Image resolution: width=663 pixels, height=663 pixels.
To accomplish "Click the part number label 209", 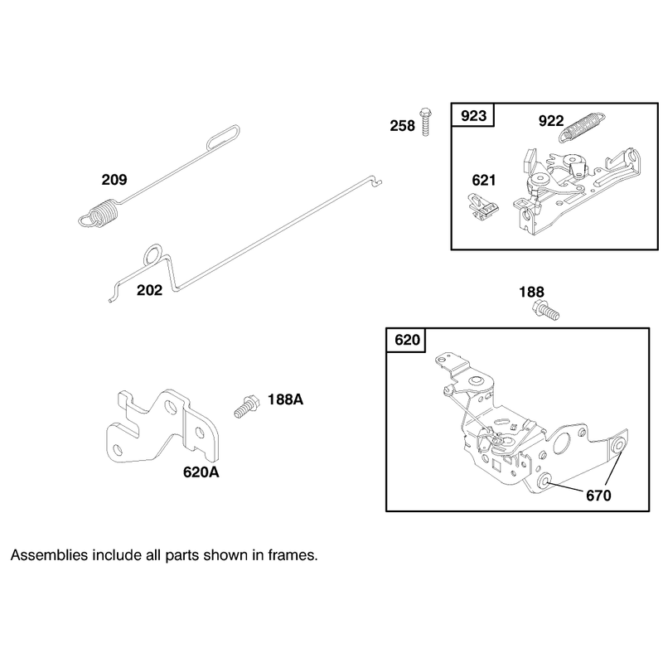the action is (114, 180).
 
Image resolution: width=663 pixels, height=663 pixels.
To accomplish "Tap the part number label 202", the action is (149, 290).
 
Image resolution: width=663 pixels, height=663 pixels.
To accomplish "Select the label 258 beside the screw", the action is (403, 126).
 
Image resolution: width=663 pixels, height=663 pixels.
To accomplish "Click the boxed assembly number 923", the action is (473, 115).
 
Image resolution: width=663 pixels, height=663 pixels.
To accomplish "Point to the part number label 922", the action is (551, 121).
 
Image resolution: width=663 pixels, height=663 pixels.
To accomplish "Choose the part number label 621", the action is (484, 181).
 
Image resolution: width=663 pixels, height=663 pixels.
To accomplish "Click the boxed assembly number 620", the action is (407, 340).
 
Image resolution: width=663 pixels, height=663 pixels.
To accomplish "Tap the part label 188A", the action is (285, 399).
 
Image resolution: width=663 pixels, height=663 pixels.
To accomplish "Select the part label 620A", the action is (201, 472).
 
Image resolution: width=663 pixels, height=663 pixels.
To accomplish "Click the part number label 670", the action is (598, 495).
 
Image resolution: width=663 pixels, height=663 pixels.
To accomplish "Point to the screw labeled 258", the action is (425, 122).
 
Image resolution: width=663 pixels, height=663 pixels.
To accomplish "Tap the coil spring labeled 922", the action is (583, 127).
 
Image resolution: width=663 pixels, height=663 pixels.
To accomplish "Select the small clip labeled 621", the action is (484, 206).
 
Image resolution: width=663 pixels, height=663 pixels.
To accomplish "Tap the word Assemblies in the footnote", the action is (49, 555).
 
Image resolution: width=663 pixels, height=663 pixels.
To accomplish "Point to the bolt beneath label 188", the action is (545, 310).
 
